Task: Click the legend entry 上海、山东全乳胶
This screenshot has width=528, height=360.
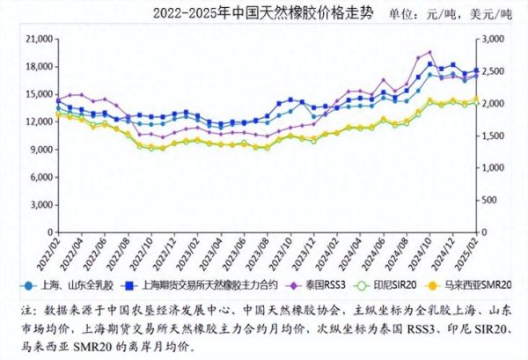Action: coord(65,285)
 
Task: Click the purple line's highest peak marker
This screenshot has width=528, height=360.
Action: coord(429,53)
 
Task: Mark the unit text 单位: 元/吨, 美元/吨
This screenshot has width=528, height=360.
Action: coord(452,14)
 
